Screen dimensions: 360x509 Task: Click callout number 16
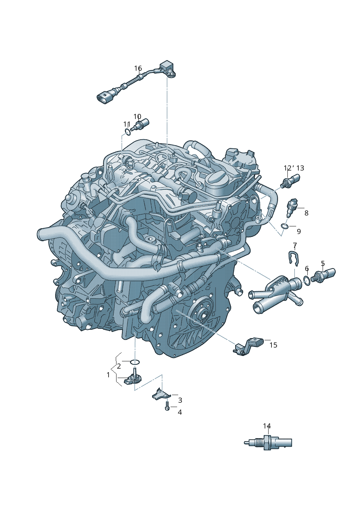138,68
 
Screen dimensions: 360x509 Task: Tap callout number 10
137,116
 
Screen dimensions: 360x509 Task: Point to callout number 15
273,345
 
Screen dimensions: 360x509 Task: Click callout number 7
295,245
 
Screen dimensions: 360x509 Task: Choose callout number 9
299,231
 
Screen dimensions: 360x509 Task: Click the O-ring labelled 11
128,132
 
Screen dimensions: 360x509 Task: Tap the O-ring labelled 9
284,226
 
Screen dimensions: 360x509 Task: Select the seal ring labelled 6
307,281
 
